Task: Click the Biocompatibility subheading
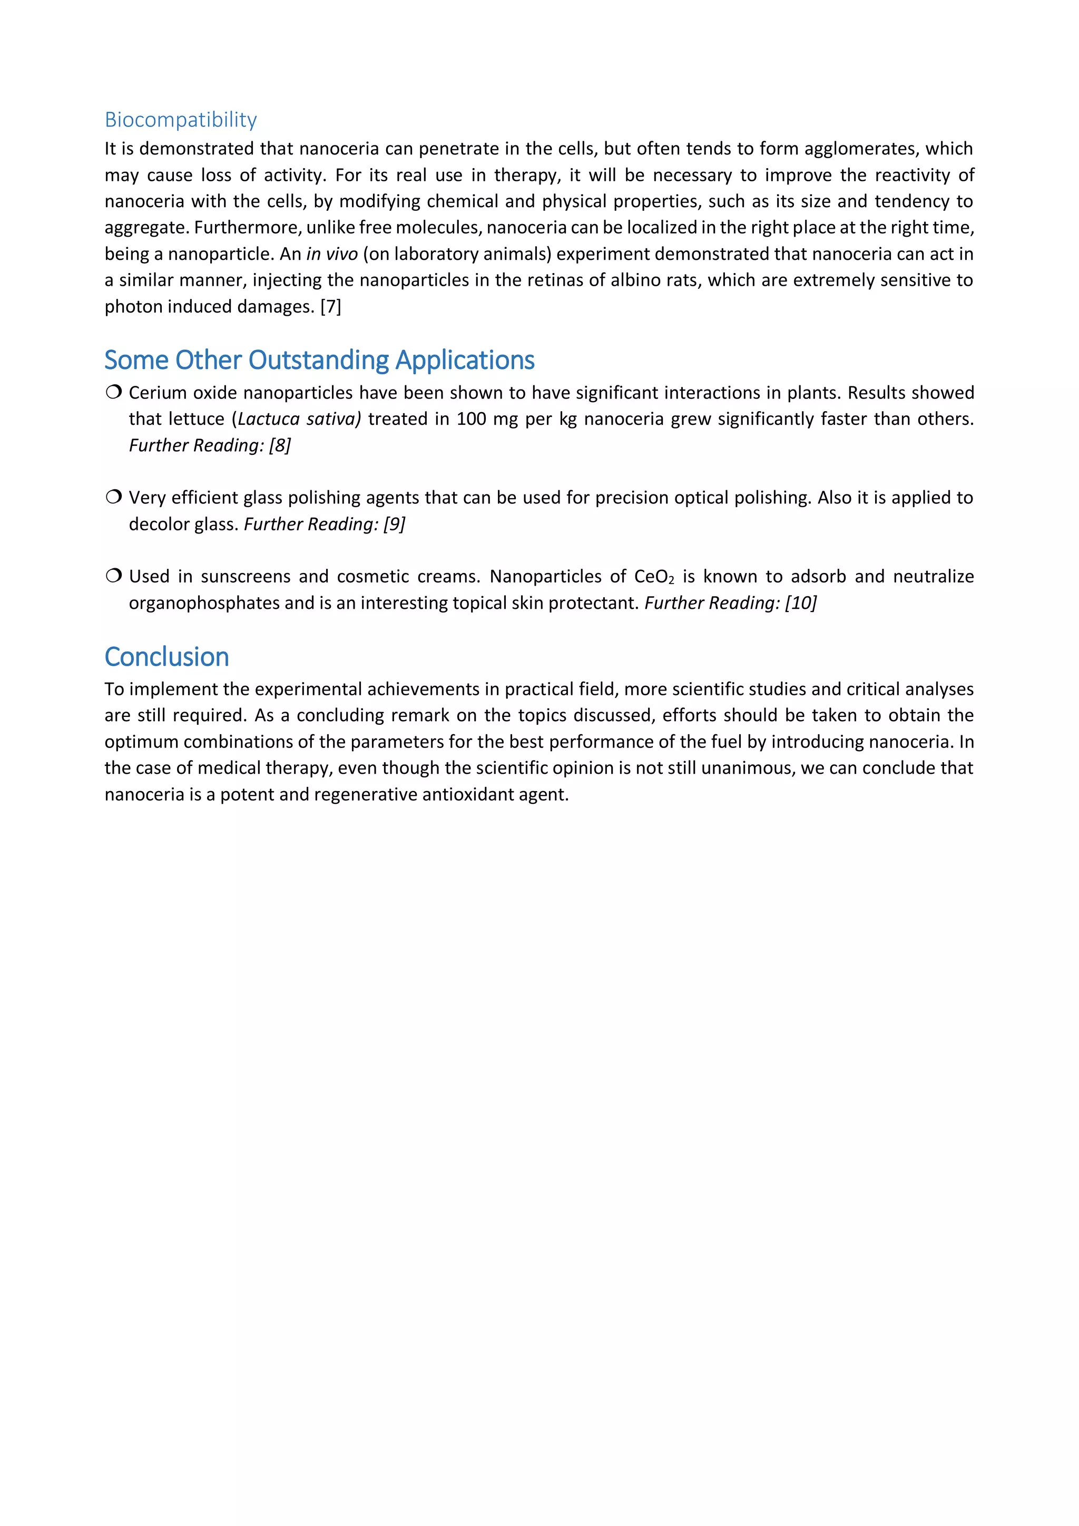coord(181,120)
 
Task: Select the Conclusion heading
coord(167,657)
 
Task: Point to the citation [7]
coord(330,306)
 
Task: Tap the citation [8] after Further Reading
coord(280,445)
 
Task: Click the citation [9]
coord(394,524)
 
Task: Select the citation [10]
coord(801,603)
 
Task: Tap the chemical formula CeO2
coord(654,577)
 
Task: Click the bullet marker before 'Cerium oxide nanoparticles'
coord(114,392)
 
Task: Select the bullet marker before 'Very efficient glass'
coord(114,497)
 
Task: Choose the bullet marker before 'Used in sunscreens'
coord(114,576)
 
